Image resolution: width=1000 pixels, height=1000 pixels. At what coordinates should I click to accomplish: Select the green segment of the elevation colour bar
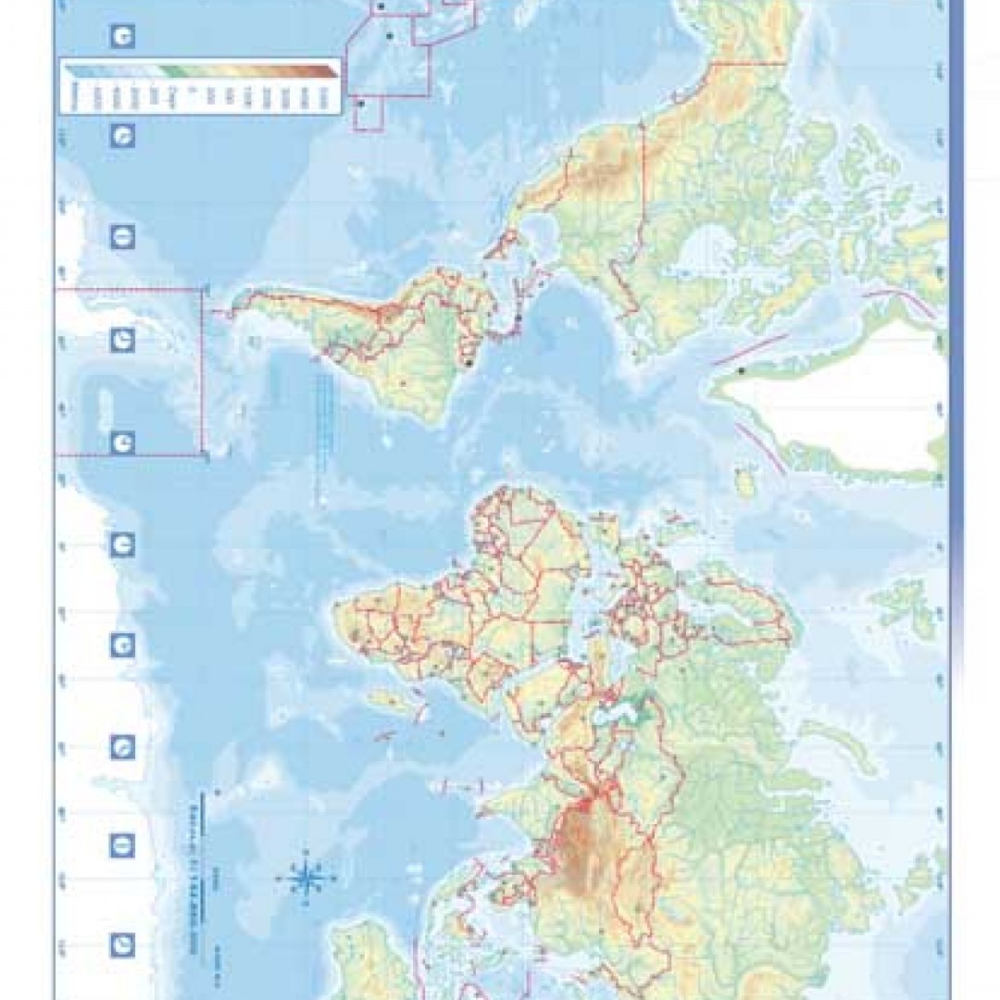171,70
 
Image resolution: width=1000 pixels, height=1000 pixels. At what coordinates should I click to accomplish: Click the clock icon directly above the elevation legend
122,37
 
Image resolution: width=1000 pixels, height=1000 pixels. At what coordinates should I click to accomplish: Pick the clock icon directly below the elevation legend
122,137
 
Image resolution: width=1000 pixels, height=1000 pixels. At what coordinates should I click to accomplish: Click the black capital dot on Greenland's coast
741,371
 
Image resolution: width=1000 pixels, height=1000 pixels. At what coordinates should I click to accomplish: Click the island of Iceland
745,481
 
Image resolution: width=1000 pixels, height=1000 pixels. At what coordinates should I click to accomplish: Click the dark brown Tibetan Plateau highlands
583,847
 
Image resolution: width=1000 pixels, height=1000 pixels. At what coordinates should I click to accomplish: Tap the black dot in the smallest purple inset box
362,104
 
